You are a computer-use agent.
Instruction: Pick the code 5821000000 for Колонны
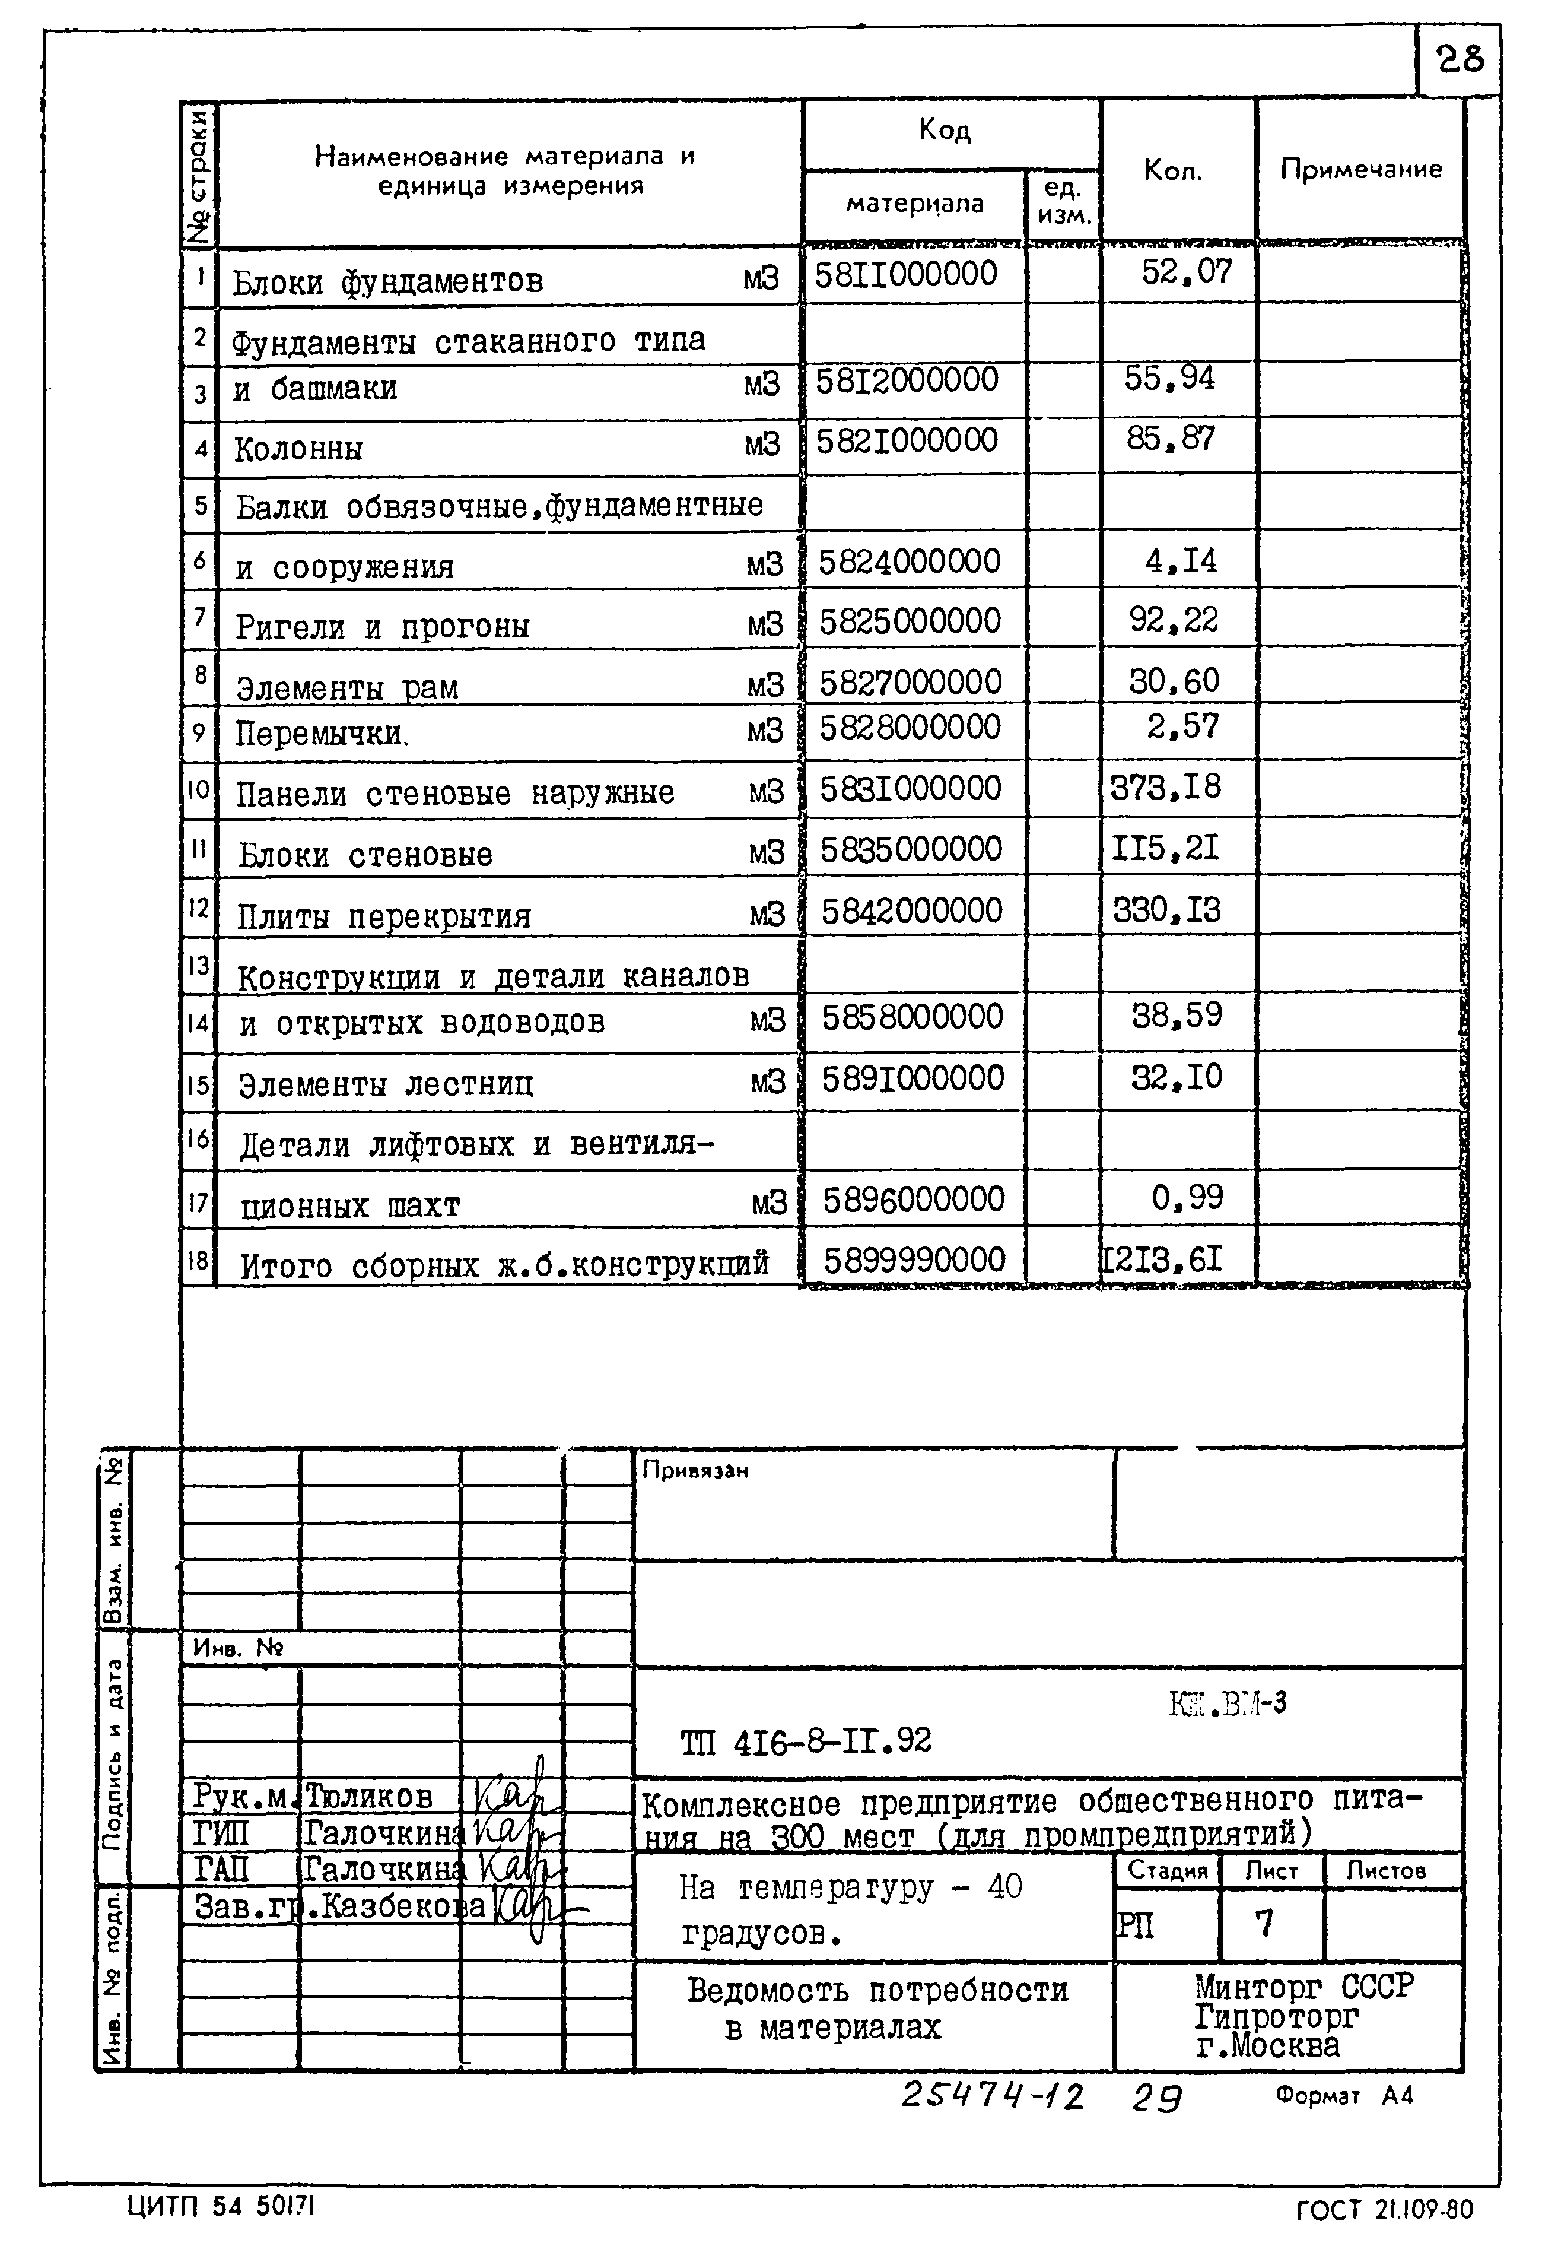[906, 440]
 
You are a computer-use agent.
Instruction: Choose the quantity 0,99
[1187, 1198]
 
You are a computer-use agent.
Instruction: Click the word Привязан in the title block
[695, 1471]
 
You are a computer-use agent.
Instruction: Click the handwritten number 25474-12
[992, 2097]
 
